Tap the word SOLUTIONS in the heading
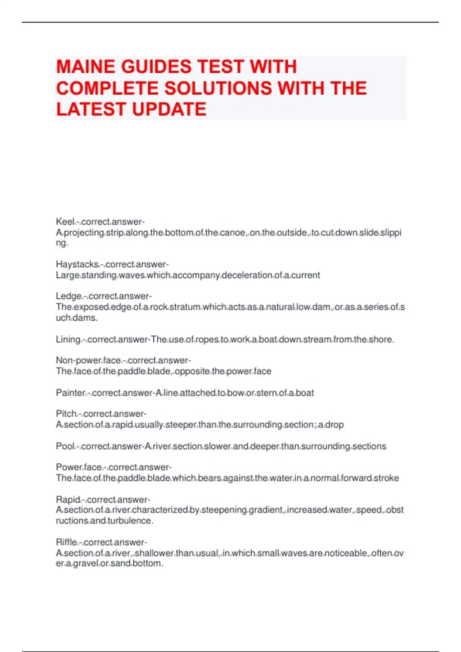[x=217, y=88]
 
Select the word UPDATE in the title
[x=169, y=109]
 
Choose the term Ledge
[x=68, y=296]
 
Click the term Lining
[x=68, y=339]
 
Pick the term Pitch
[x=66, y=414]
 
